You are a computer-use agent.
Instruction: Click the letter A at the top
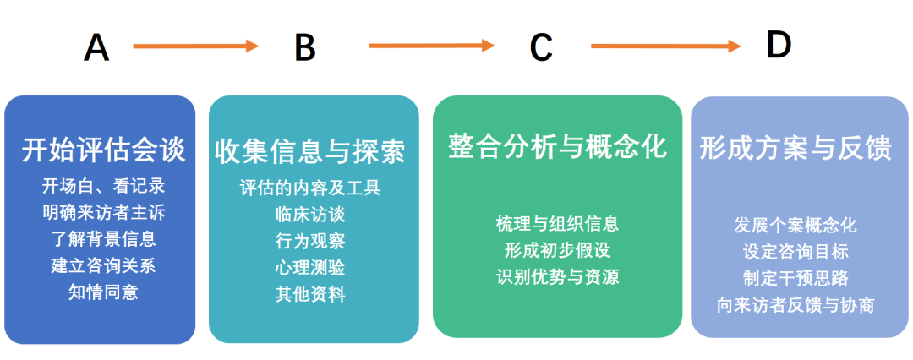[x=96, y=47]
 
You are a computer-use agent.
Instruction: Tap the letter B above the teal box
[x=305, y=47]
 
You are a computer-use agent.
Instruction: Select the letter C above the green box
[x=541, y=47]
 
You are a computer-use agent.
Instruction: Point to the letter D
[x=779, y=45]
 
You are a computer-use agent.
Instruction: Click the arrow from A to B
[x=195, y=46]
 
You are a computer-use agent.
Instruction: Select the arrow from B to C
[x=431, y=46]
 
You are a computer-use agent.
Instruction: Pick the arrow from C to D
[x=666, y=46]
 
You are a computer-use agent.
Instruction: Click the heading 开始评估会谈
[x=104, y=150]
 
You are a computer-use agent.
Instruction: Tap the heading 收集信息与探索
[x=309, y=151]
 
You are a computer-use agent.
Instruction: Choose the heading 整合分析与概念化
[x=557, y=145]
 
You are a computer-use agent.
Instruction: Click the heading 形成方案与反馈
[x=795, y=149]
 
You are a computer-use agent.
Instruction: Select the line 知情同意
[x=103, y=292]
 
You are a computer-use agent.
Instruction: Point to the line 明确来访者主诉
[x=104, y=212]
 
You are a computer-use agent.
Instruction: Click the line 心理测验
[x=310, y=268]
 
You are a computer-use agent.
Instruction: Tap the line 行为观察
[x=310, y=241]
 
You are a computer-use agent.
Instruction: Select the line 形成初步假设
[x=557, y=250]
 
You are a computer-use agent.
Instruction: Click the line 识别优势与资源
[x=557, y=276]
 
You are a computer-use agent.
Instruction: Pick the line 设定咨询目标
[x=795, y=252]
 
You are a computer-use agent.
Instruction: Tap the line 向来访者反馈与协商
[x=795, y=305]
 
